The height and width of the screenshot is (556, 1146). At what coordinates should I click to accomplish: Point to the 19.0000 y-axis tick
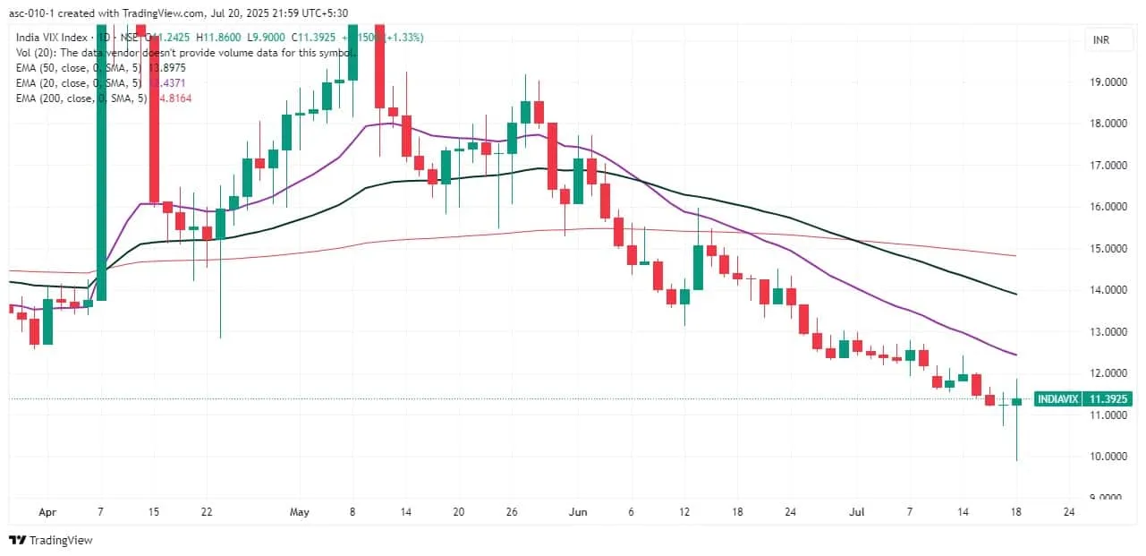coord(1107,82)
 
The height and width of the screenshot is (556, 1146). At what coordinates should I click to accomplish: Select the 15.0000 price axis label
coord(1107,249)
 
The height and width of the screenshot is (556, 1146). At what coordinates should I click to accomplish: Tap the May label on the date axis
coord(300,513)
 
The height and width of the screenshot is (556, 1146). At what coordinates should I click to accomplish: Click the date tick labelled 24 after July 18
coord(1068,513)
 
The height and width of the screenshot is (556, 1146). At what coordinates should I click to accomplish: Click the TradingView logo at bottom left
coord(51,540)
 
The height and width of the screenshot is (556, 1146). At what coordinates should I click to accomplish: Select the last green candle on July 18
coord(1017,401)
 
